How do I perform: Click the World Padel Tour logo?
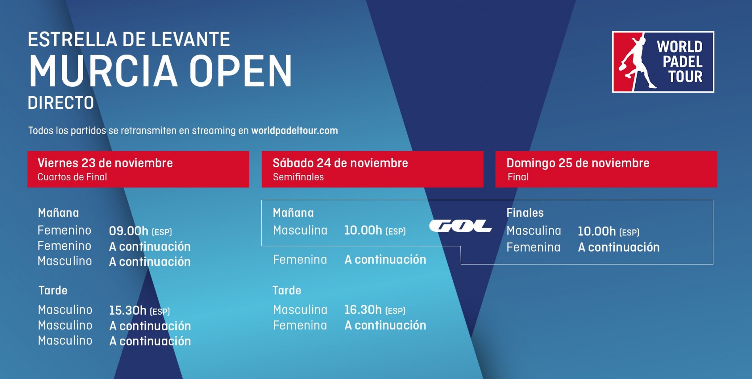tap(663, 62)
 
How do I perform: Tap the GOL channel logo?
tap(460, 226)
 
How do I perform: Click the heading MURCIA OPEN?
tap(160, 71)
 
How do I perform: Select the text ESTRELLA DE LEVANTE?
tap(129, 40)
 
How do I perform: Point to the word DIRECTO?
tap(61, 103)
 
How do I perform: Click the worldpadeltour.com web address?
tap(294, 131)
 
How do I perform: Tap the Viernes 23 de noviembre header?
tap(105, 163)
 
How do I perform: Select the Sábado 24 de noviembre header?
tap(340, 163)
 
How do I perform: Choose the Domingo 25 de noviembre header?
tap(577, 163)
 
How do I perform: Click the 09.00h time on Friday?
tap(129, 231)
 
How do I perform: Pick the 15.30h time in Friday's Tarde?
tap(128, 311)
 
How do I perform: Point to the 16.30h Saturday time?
tap(363, 310)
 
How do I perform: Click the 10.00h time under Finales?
tap(596, 231)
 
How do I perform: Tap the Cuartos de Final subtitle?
tap(72, 177)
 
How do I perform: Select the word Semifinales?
tap(298, 177)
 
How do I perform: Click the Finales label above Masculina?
tap(525, 213)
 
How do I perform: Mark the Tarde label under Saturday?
tap(287, 290)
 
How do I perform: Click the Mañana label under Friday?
tap(58, 213)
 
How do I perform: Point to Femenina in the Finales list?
tap(533, 247)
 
